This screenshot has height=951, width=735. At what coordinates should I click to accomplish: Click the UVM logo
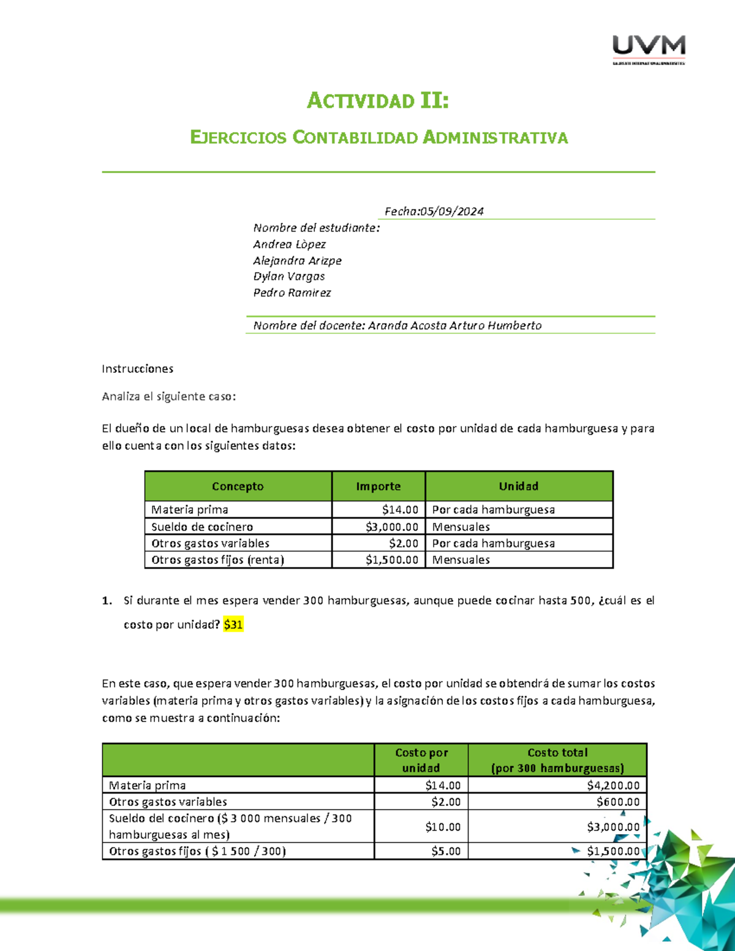click(649, 49)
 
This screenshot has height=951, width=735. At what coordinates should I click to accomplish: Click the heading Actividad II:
click(378, 100)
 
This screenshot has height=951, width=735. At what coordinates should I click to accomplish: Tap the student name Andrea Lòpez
click(289, 244)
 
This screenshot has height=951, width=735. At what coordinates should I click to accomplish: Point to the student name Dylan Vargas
click(288, 276)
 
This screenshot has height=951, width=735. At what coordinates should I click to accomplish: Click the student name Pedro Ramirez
click(292, 293)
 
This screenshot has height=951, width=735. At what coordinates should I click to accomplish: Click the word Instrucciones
click(137, 369)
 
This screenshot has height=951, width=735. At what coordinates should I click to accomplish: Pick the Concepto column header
click(238, 486)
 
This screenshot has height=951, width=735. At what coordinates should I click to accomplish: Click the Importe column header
click(378, 486)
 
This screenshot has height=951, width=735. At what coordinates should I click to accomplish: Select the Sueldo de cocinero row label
click(202, 527)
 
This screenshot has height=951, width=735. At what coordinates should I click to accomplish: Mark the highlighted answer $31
click(233, 625)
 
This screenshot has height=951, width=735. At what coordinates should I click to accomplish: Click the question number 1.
click(107, 601)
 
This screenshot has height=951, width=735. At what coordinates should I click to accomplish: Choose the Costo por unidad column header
click(421, 760)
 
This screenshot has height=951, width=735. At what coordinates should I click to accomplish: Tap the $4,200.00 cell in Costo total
click(613, 785)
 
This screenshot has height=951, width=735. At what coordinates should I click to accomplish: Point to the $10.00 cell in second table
click(443, 827)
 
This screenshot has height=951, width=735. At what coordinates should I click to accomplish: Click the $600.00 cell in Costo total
click(618, 802)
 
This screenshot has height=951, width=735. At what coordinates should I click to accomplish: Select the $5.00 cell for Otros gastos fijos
click(446, 851)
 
